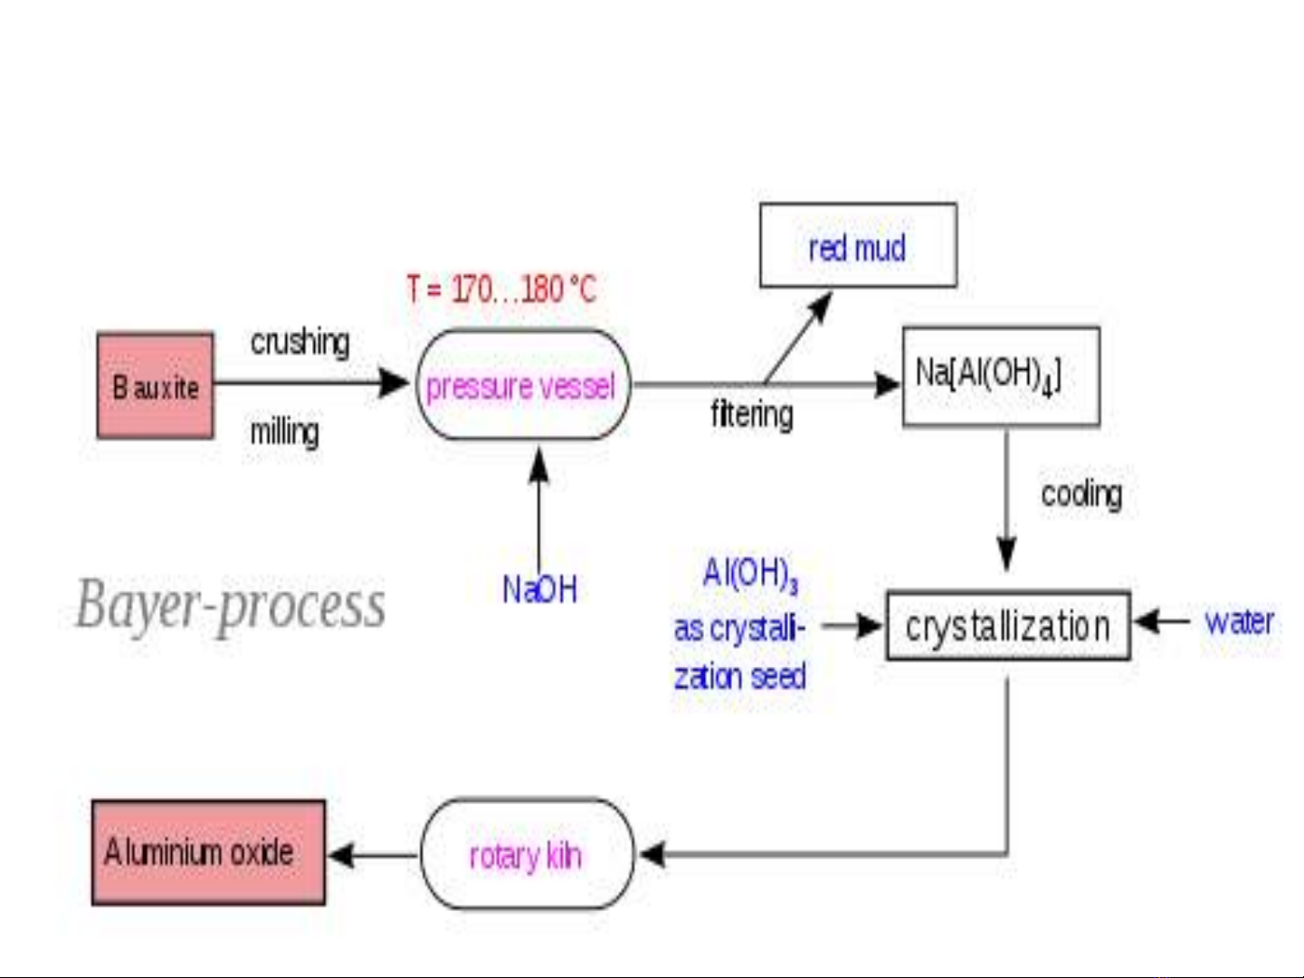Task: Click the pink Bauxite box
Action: (x=155, y=386)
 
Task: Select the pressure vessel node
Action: (x=523, y=385)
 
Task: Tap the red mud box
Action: (x=859, y=245)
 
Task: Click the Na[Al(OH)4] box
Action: (x=1001, y=375)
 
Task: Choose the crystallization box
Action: (x=1008, y=625)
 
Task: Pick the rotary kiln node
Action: (x=527, y=854)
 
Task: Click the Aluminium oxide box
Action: (x=208, y=853)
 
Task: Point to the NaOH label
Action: (x=539, y=589)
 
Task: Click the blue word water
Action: (x=1239, y=622)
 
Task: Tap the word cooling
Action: (x=1081, y=494)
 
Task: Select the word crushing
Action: (x=300, y=342)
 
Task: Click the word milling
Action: (x=284, y=432)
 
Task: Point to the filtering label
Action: (x=752, y=413)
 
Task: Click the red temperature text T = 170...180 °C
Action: (x=501, y=290)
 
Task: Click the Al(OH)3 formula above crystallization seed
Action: (x=750, y=574)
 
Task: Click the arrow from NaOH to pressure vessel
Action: (x=538, y=509)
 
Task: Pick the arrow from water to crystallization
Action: (x=1162, y=622)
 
